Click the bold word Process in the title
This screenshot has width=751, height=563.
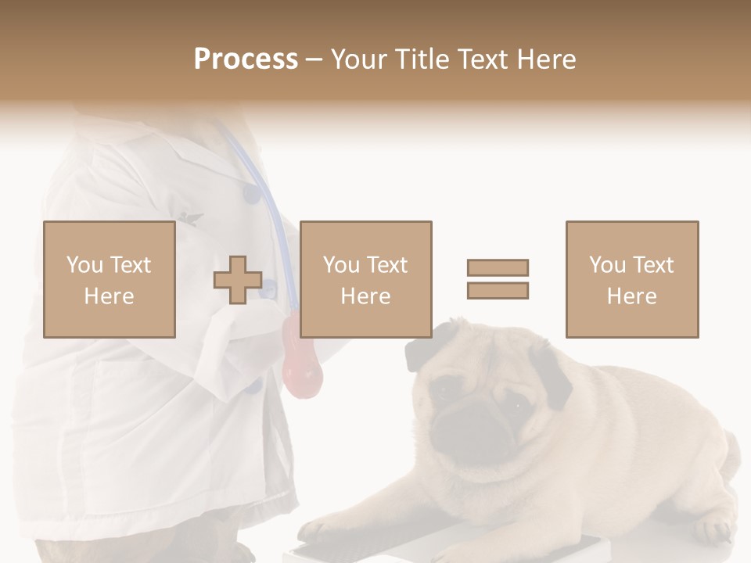(246, 59)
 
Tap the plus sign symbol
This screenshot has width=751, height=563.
(238, 280)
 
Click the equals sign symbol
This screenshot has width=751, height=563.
(498, 279)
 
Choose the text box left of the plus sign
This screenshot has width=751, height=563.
(109, 279)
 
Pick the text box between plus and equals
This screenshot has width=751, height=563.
(365, 279)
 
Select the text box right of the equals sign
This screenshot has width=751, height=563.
(631, 279)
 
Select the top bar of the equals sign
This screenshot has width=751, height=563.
(498, 267)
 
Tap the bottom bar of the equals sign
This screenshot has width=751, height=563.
(498, 290)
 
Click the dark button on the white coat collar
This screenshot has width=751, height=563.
(250, 192)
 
